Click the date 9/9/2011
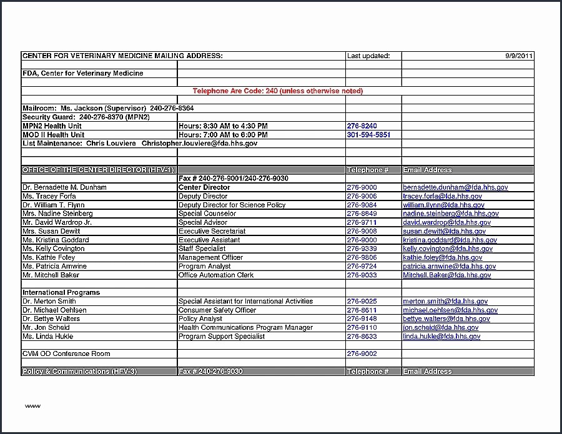coord(519,56)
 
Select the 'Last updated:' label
coord(368,56)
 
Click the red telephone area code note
coord(277,91)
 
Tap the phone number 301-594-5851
coord(368,135)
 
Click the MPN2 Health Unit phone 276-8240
coord(362,126)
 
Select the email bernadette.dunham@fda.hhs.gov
coord(455,187)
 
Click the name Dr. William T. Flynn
coord(53,205)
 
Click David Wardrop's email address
coord(446,222)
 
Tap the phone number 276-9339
coord(362,249)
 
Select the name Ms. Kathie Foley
coord(49,257)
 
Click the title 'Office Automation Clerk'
coord(216,275)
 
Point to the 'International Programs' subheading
coord(61,292)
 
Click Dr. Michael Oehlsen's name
coord(54,310)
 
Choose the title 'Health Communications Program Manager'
coord(245,327)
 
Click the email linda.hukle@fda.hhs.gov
coord(441,336)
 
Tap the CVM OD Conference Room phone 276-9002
coord(362,353)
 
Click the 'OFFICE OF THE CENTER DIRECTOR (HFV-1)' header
coord(99,170)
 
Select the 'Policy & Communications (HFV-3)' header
coord(79,372)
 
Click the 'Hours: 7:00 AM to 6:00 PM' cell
coord(223,135)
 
